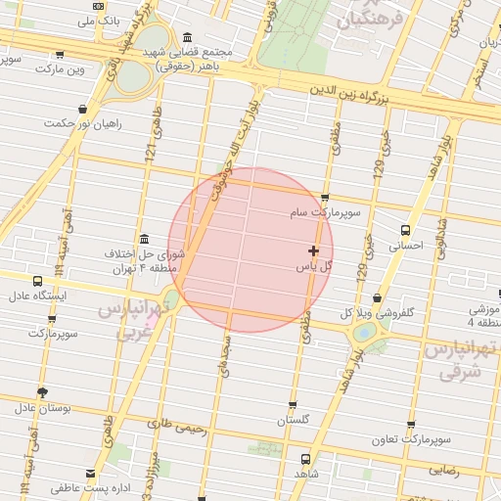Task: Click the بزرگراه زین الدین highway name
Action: tap(351, 94)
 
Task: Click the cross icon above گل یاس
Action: tap(313, 250)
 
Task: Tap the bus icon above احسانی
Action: tap(405, 230)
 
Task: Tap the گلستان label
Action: tap(293, 420)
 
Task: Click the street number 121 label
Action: tap(152, 151)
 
